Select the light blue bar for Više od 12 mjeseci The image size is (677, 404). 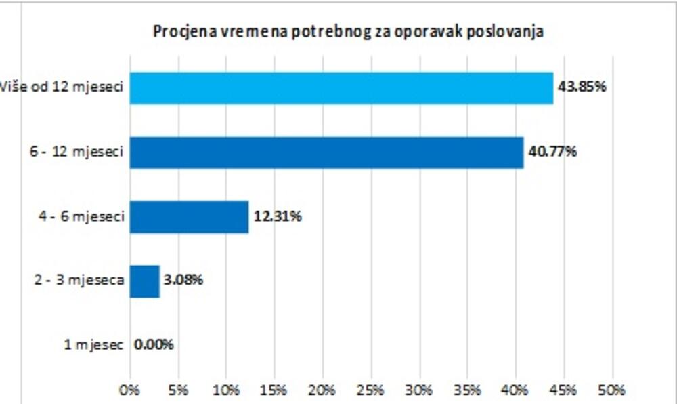click(x=341, y=88)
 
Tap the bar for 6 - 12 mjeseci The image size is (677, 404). click(x=326, y=153)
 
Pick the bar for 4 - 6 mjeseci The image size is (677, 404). click(x=189, y=217)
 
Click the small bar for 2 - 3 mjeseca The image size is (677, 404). click(x=144, y=281)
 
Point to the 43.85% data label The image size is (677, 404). click(x=581, y=87)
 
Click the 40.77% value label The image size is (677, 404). click(x=552, y=152)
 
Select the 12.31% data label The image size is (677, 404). click(x=278, y=217)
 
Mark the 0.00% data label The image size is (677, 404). click(x=154, y=344)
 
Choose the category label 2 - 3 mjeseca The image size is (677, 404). click(x=79, y=280)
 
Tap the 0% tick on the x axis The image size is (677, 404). click(x=129, y=390)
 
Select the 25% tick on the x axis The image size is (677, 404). click(x=371, y=390)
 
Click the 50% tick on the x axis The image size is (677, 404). click(x=613, y=390)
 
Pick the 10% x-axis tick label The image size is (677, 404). click(x=226, y=390)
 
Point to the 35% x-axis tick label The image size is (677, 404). click(x=468, y=390)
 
